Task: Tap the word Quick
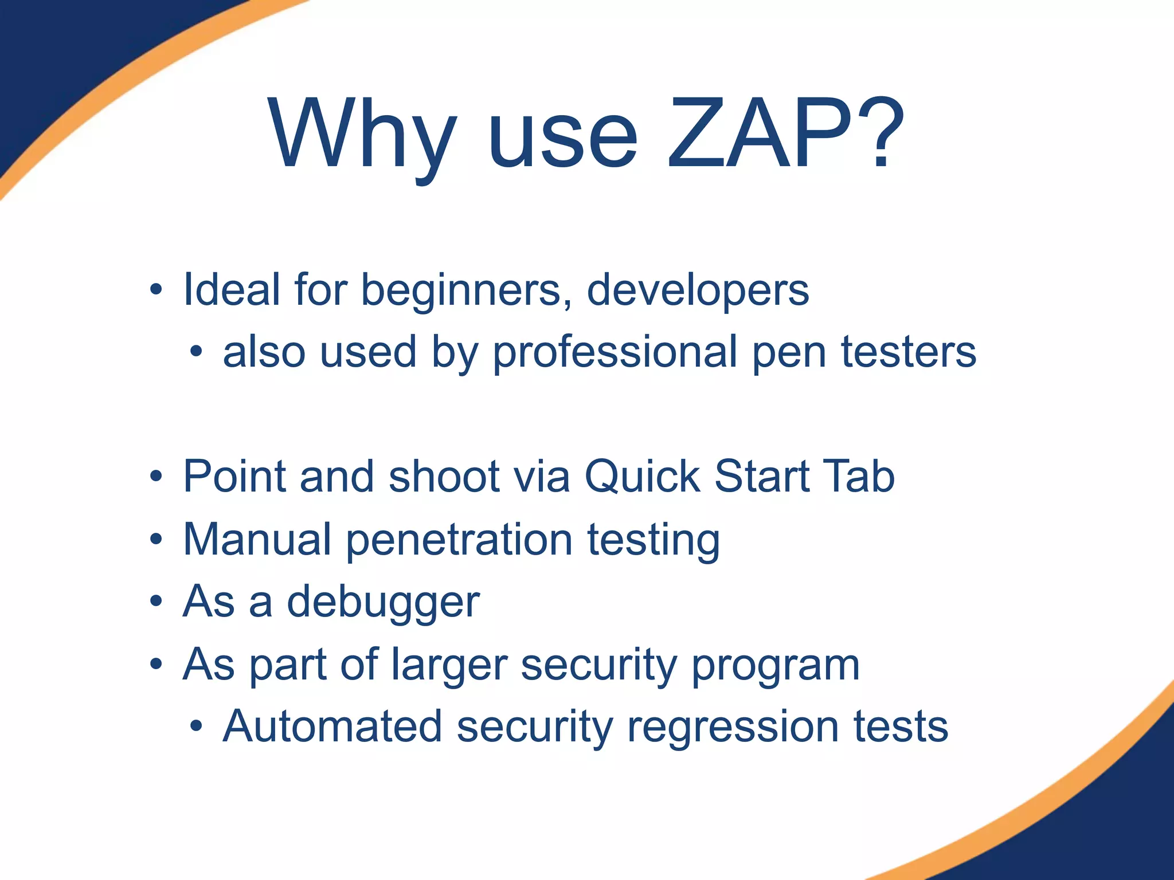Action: pyautogui.click(x=642, y=476)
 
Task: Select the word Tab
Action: pyautogui.click(x=858, y=476)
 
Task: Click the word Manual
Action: pyautogui.click(x=257, y=539)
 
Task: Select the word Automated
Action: pyautogui.click(x=332, y=726)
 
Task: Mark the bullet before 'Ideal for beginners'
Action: pyautogui.click(x=156, y=290)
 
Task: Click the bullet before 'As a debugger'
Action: pyautogui.click(x=156, y=602)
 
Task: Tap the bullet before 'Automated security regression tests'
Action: pyautogui.click(x=197, y=726)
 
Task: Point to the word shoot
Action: pyautogui.click(x=444, y=476)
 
